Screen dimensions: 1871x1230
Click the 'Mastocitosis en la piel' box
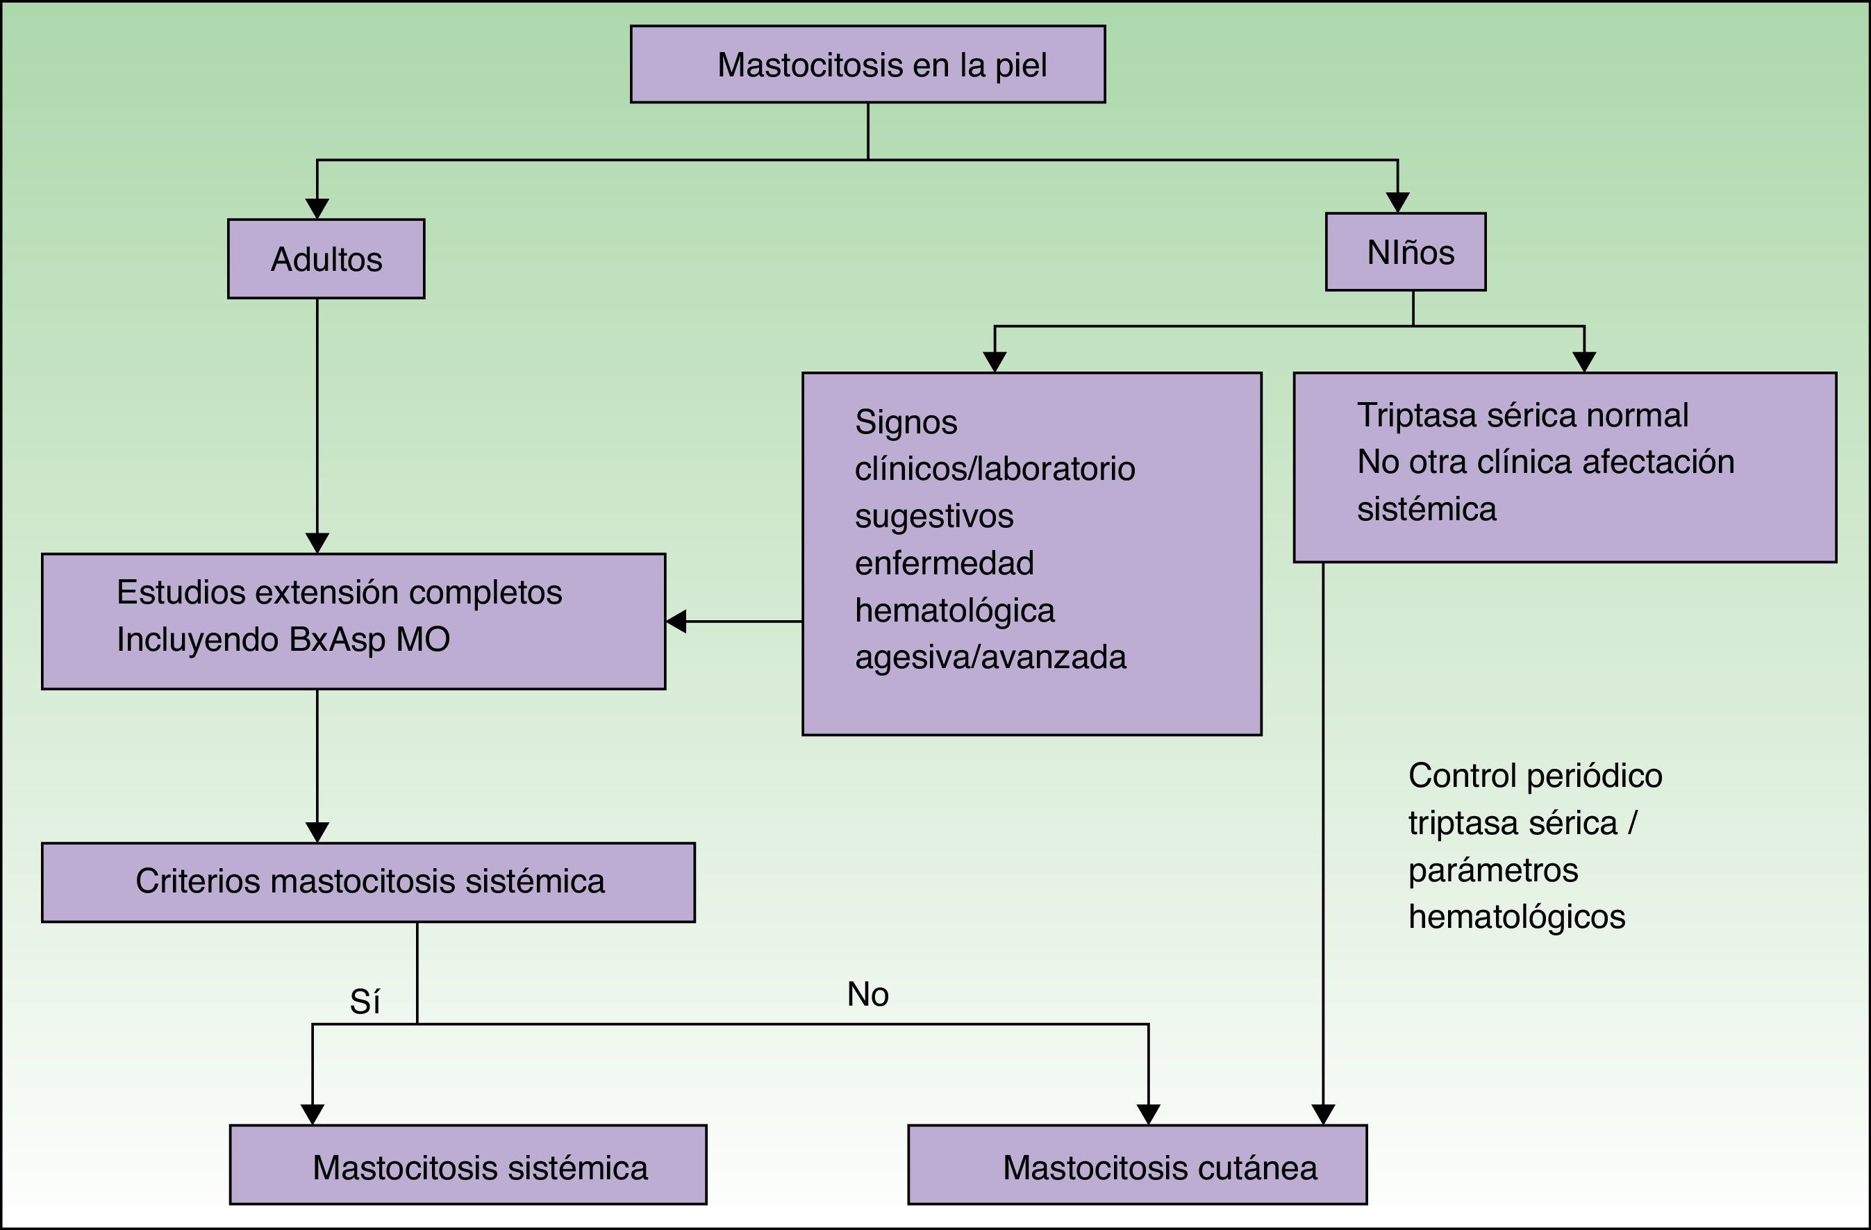868,65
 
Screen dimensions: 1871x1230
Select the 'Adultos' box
326,258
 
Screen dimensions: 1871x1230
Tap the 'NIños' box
1406,251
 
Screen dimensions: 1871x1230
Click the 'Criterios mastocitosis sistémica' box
368,882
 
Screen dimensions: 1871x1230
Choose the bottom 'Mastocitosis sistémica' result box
469,1165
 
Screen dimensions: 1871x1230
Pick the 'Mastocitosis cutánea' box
1138,1165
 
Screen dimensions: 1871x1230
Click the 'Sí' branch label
365,1002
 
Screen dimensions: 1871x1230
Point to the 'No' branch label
868,995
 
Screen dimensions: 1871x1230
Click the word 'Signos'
906,422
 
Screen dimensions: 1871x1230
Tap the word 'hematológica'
954,610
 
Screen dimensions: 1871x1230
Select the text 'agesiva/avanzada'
990,657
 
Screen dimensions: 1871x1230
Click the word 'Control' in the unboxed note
1462,776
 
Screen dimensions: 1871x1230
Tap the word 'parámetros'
1493,870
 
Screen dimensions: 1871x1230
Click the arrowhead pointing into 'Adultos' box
317,209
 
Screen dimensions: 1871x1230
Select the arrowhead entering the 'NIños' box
1398,203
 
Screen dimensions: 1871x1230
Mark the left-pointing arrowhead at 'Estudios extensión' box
676,621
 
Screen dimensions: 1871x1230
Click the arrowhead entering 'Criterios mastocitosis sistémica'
317,833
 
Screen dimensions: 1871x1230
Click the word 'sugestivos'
934,516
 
